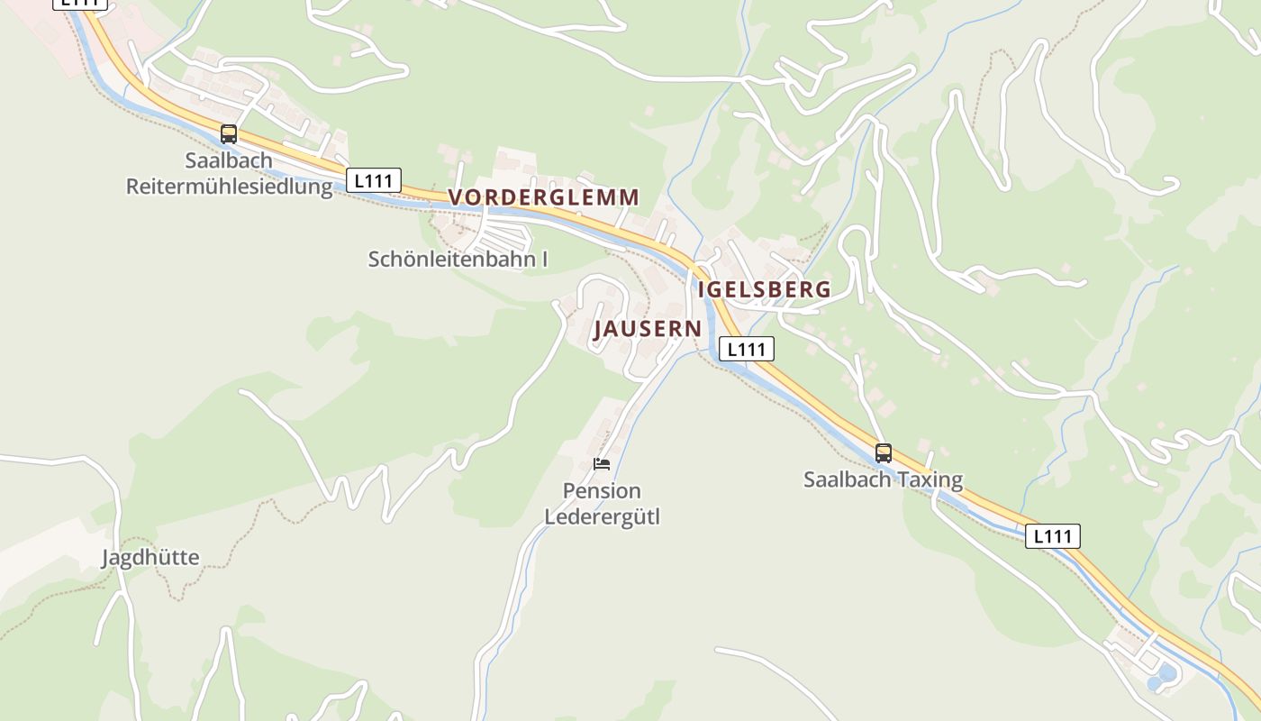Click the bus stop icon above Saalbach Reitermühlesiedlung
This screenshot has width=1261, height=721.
pos(229,134)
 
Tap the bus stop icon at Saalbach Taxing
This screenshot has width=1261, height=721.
pos(884,452)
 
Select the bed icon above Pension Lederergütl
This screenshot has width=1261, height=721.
pos(602,464)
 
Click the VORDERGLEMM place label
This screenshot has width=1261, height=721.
pos(544,197)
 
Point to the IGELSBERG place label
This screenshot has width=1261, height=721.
pos(764,289)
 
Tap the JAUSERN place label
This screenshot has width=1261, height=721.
pos(647,329)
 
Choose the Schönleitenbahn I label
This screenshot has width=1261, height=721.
pos(458,260)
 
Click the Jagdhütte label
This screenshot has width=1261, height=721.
pos(150,558)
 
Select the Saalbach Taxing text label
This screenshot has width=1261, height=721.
pos(883,479)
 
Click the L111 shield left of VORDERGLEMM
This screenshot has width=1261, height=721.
pos(374,180)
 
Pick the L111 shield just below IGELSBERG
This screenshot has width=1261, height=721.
pos(746,349)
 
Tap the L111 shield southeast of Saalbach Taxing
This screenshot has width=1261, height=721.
pos(1053,536)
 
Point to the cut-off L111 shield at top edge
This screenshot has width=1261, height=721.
pos(80,4)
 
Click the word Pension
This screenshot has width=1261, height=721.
pos(602,491)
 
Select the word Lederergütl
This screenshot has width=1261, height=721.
pos(602,517)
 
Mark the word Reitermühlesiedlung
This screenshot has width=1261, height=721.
pos(229,187)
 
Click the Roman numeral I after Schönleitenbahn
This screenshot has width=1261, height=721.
pos(544,260)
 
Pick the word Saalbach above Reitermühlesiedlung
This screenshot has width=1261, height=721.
pos(229,160)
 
